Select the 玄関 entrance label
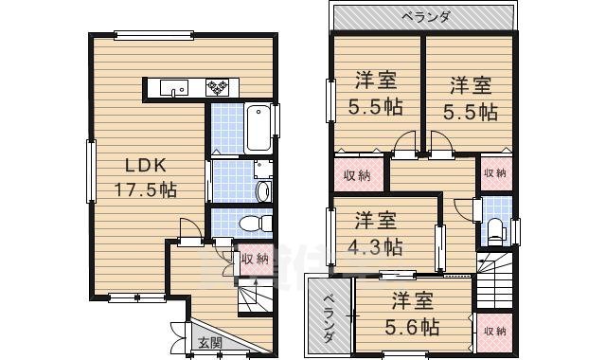(209, 343)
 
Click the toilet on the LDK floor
(251, 225)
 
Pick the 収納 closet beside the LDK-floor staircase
(254, 259)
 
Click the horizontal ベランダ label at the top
(425, 16)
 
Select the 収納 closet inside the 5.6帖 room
(492, 332)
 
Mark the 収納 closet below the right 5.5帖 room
(495, 173)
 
